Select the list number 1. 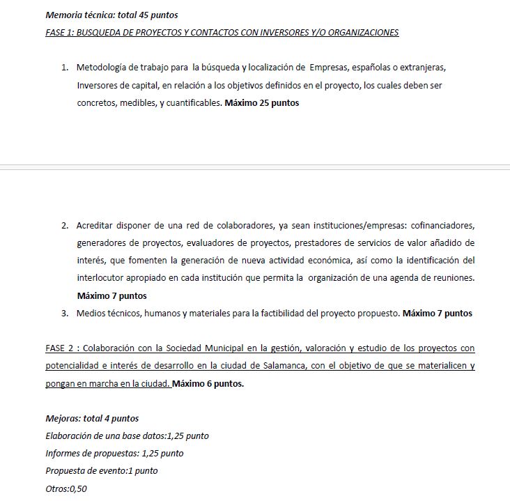pos(63,68)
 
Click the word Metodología pos(105,68)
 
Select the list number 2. pos(63,226)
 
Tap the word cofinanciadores pos(443,226)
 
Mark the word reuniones pos(452,278)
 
